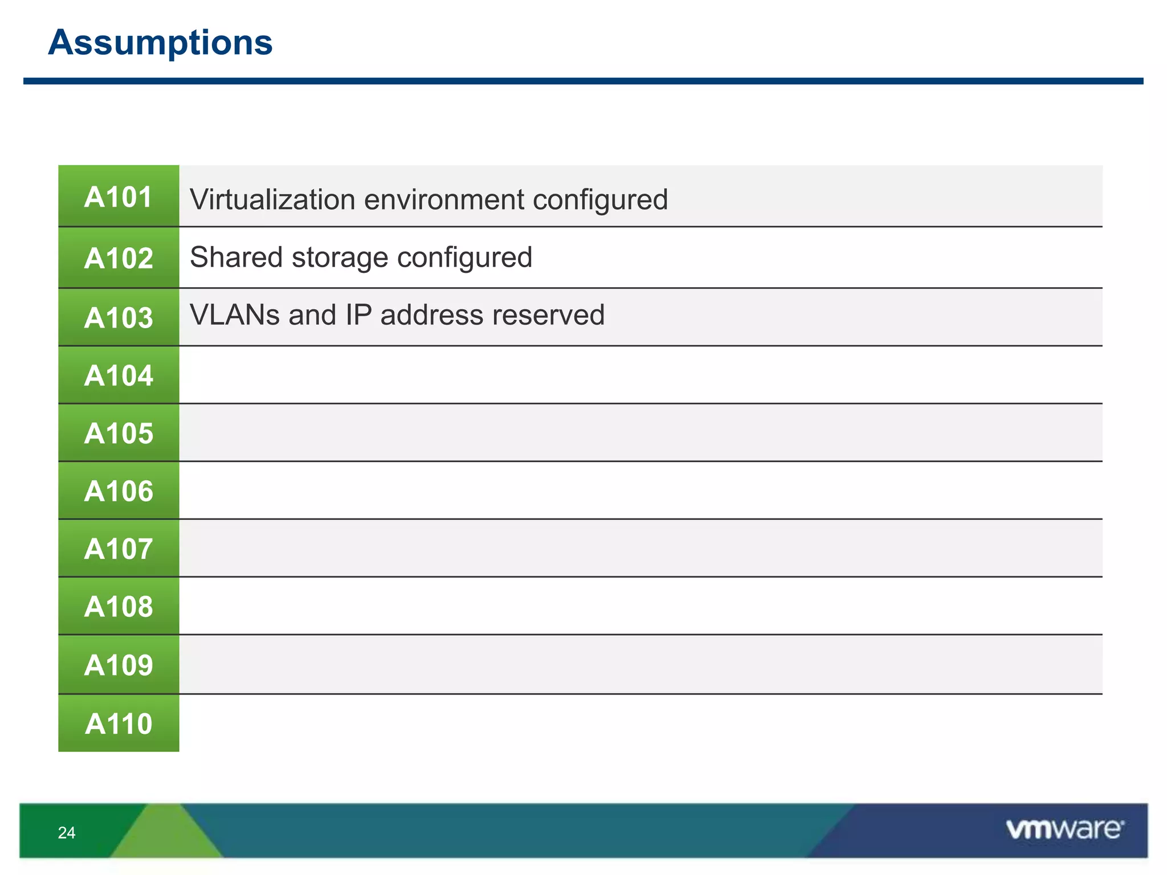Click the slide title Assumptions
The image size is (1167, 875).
160,43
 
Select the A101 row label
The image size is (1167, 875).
119,197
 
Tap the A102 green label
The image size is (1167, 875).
119,258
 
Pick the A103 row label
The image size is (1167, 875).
119,317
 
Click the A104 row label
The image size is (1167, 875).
119,375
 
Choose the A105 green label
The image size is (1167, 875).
119,433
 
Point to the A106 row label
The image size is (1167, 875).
119,491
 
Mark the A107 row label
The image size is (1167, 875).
119,549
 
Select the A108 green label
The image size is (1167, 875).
119,606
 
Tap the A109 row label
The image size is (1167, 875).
119,665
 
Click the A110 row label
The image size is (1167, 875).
119,723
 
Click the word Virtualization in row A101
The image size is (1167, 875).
272,199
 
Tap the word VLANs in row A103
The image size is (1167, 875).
234,314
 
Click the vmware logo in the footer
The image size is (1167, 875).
1064,829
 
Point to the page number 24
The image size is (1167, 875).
67,833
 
